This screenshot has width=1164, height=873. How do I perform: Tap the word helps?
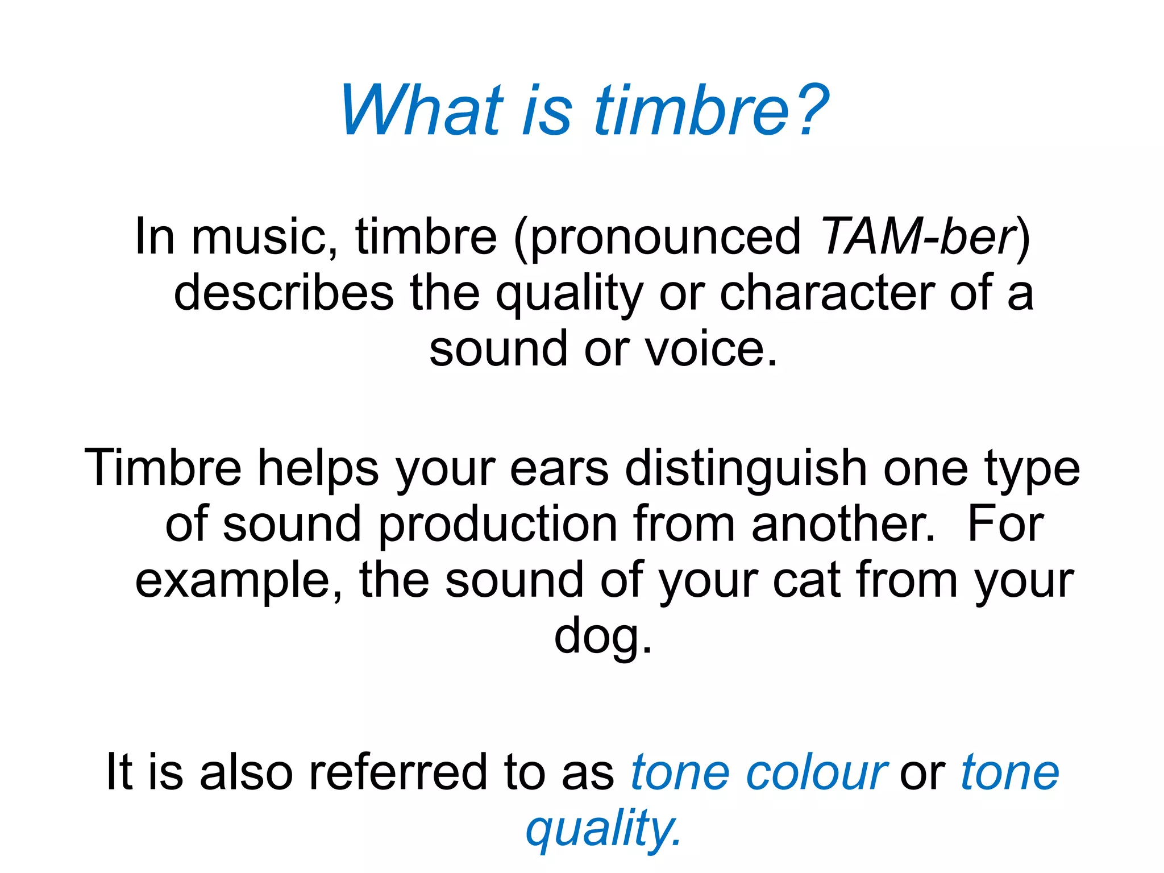coord(318,468)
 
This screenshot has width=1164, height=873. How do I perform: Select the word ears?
coord(559,468)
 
